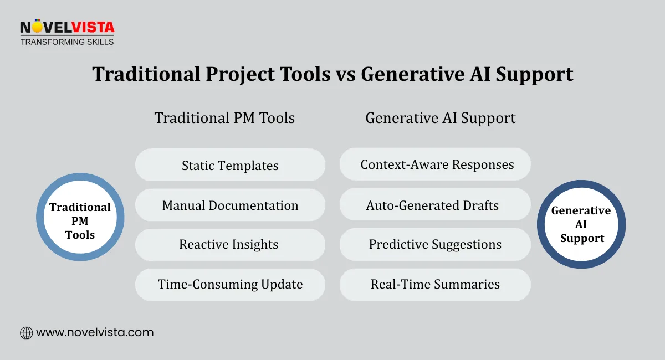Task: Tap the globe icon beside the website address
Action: pos(26,333)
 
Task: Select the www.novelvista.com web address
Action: pos(95,333)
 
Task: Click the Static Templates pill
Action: pos(230,165)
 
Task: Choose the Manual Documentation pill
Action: pos(230,205)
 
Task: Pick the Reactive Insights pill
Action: pos(230,245)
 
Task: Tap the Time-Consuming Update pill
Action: pos(230,285)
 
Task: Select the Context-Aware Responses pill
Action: pos(436,164)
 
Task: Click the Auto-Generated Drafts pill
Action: pos(436,205)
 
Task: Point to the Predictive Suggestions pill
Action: pos(436,245)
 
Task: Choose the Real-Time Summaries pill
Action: pos(436,285)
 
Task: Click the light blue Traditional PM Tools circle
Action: pos(80,217)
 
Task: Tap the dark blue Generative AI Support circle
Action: pos(581,224)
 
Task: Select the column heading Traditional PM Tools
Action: pos(224,118)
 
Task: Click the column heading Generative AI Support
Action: pos(441,118)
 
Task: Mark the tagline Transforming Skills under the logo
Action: pos(66,42)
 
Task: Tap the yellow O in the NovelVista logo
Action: pos(37,27)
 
